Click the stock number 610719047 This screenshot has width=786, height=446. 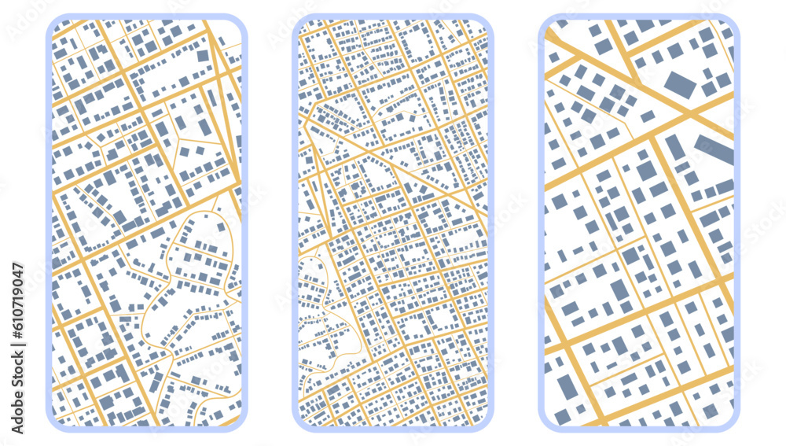click(x=18, y=345)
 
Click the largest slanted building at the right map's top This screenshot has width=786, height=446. click(x=680, y=84)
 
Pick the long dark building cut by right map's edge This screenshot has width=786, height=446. click(x=714, y=149)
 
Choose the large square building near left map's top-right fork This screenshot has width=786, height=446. click(x=204, y=56)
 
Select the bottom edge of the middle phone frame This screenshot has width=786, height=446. click(x=393, y=429)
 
